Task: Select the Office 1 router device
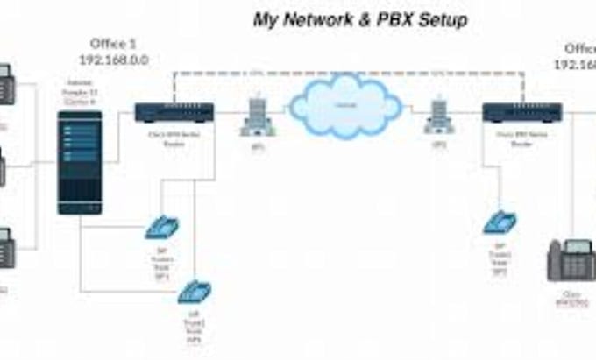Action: tap(174, 112)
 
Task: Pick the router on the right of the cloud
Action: tap(521, 112)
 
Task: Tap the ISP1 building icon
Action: tap(258, 116)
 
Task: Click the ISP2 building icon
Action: tap(438, 116)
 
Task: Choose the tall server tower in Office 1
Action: tap(80, 162)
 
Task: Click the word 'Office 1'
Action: tap(114, 44)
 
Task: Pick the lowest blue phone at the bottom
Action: tap(194, 291)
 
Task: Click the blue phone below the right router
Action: tap(500, 222)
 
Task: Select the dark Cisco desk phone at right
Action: tap(571, 259)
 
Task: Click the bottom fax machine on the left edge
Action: tap(4, 248)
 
